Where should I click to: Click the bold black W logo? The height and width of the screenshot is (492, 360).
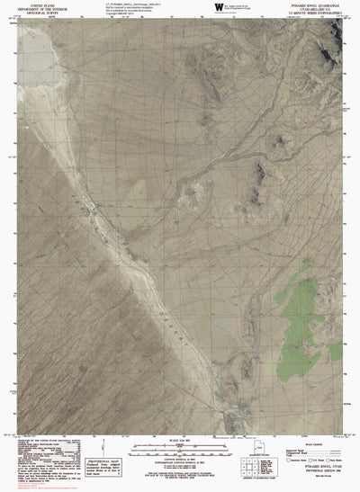click(220, 7)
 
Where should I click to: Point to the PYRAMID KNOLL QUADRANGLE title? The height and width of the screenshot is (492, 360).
click(318, 4)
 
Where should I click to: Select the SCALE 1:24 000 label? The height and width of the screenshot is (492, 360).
click(180, 438)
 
